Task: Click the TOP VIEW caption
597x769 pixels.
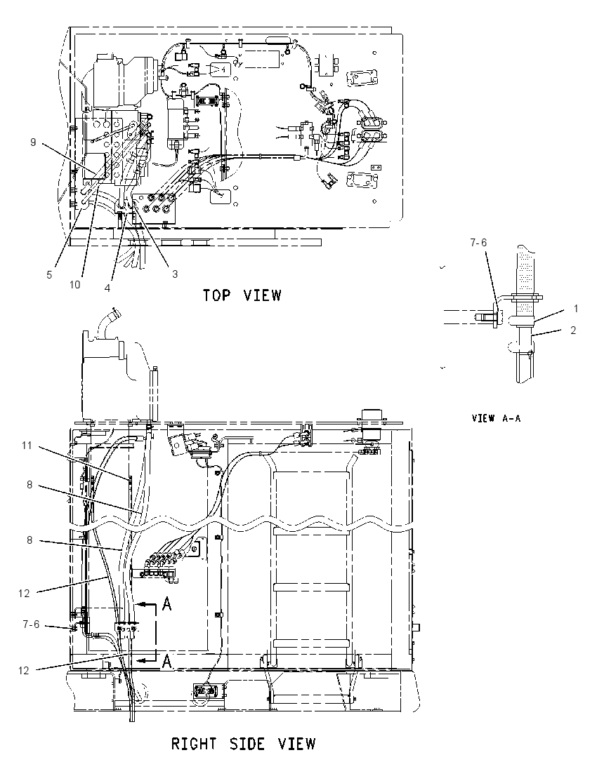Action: pyautogui.click(x=242, y=295)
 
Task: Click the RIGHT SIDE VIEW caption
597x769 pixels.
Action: pyautogui.click(x=244, y=744)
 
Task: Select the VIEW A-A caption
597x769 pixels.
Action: pyautogui.click(x=496, y=418)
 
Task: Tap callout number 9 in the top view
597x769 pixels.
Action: pyautogui.click(x=34, y=142)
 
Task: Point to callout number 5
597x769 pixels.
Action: pyautogui.click(x=49, y=275)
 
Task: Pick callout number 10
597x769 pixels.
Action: pyautogui.click(x=74, y=284)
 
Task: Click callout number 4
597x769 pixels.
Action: pyautogui.click(x=107, y=288)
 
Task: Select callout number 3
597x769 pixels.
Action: pyautogui.click(x=175, y=274)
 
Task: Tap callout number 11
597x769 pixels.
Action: pyautogui.click(x=27, y=446)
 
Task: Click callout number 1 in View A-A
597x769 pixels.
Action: pyautogui.click(x=576, y=309)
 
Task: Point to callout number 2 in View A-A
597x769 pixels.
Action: pyautogui.click(x=573, y=330)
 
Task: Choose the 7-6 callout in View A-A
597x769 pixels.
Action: pyautogui.click(x=478, y=243)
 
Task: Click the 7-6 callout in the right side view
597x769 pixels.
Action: pyautogui.click(x=31, y=624)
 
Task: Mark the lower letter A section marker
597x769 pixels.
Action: pyautogui.click(x=167, y=662)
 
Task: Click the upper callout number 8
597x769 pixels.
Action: pyautogui.click(x=29, y=485)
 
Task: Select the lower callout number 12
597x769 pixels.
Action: pyautogui.click(x=24, y=671)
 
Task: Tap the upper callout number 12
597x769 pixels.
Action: pyautogui.click(x=24, y=594)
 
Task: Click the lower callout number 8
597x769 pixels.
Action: pyautogui.click(x=29, y=540)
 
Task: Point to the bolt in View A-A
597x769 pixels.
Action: pyautogui.click(x=485, y=317)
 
